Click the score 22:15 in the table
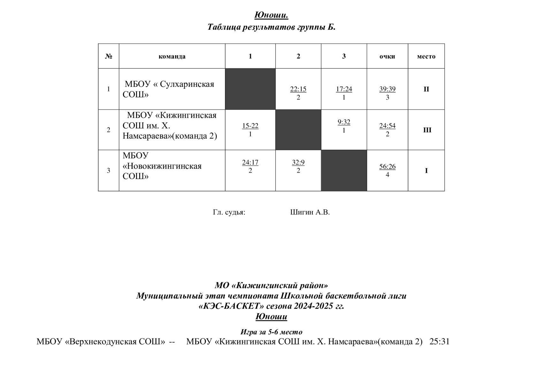click(x=298, y=89)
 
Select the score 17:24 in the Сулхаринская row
click(x=344, y=89)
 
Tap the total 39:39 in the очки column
click(x=387, y=89)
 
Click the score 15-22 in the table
click(x=250, y=126)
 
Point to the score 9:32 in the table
click(x=344, y=122)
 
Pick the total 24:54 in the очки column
click(x=387, y=126)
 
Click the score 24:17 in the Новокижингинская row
click(x=250, y=163)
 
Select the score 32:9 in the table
click(x=298, y=163)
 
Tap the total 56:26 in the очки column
click(x=387, y=167)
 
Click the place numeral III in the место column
click(x=427, y=130)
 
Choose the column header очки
click(x=387, y=57)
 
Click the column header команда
click(x=172, y=57)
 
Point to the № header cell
click(x=109, y=57)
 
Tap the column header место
click(x=426, y=57)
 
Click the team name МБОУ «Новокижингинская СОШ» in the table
click(x=162, y=166)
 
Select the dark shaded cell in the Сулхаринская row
click(x=250, y=89)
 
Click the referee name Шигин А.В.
click(x=310, y=212)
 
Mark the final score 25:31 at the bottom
click(x=440, y=342)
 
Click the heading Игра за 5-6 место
click(x=271, y=332)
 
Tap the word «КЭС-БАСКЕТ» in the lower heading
click(x=231, y=306)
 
